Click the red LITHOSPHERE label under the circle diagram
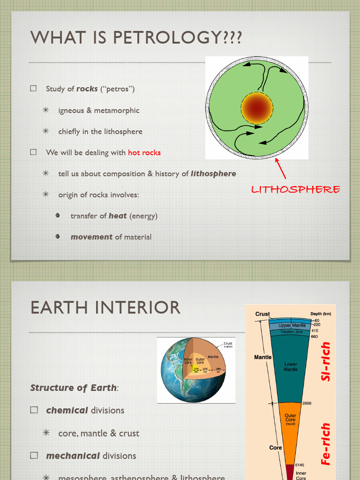[295, 189]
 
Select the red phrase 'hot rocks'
[144, 152]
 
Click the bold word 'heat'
[118, 216]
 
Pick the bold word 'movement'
[91, 237]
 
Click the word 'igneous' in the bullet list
[72, 111]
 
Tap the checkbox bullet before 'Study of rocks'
[33, 89]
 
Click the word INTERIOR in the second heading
[136, 308]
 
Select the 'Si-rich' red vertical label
[326, 361]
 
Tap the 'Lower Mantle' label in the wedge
[291, 367]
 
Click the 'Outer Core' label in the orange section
[291, 417]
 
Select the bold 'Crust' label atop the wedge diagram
[262, 314]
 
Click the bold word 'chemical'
[67, 410]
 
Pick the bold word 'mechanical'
[73, 456]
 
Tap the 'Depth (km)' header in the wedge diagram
[321, 314]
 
